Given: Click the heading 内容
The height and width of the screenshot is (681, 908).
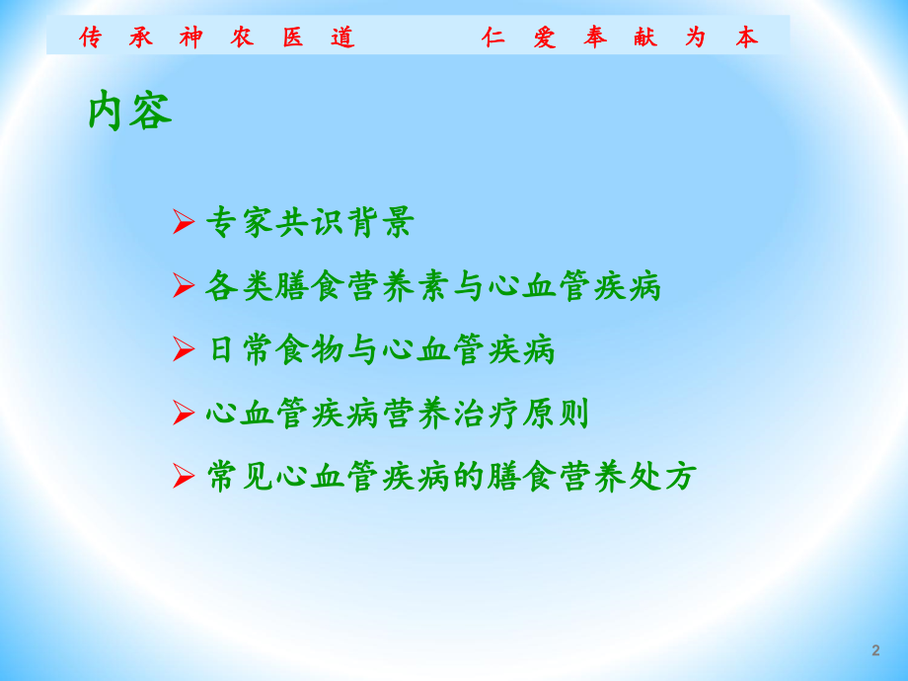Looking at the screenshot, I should [129, 112].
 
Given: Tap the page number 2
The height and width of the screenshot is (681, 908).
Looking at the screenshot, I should [875, 650].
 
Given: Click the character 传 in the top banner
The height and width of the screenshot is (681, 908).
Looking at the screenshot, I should [91, 38].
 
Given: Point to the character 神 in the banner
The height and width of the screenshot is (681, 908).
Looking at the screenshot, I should [191, 38].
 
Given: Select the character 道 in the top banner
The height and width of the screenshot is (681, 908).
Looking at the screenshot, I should [342, 38].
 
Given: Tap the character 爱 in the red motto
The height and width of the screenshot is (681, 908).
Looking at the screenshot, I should [544, 38].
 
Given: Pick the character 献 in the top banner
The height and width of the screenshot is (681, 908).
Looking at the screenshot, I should [645, 38].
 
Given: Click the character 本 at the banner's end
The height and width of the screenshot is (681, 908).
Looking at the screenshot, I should [746, 38].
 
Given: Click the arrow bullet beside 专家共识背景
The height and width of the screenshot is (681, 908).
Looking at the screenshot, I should [184, 222].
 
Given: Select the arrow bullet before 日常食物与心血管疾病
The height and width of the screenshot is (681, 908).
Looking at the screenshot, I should [184, 349].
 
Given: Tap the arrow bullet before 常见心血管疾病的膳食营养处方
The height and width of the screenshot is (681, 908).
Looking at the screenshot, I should [184, 477].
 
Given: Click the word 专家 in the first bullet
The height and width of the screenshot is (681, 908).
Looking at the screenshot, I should [240, 222].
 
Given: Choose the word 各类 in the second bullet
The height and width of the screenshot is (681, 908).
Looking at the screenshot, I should [240, 286].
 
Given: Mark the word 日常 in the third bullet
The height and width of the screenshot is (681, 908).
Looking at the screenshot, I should [240, 349].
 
